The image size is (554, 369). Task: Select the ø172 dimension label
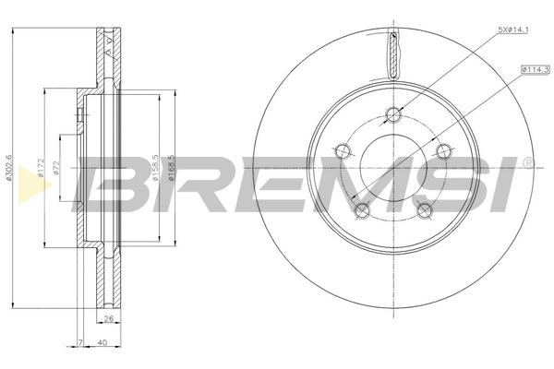[x=41, y=168]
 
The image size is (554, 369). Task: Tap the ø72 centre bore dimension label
[x=55, y=168]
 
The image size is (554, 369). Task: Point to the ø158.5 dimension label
[x=155, y=168]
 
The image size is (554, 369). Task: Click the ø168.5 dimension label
[x=172, y=168]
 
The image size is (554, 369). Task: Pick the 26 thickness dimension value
[x=109, y=319]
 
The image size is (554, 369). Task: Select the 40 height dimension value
[x=102, y=342]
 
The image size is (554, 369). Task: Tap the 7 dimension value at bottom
[x=80, y=342]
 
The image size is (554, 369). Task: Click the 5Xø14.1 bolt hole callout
[x=513, y=30]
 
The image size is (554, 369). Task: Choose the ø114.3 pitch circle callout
[x=535, y=70]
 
